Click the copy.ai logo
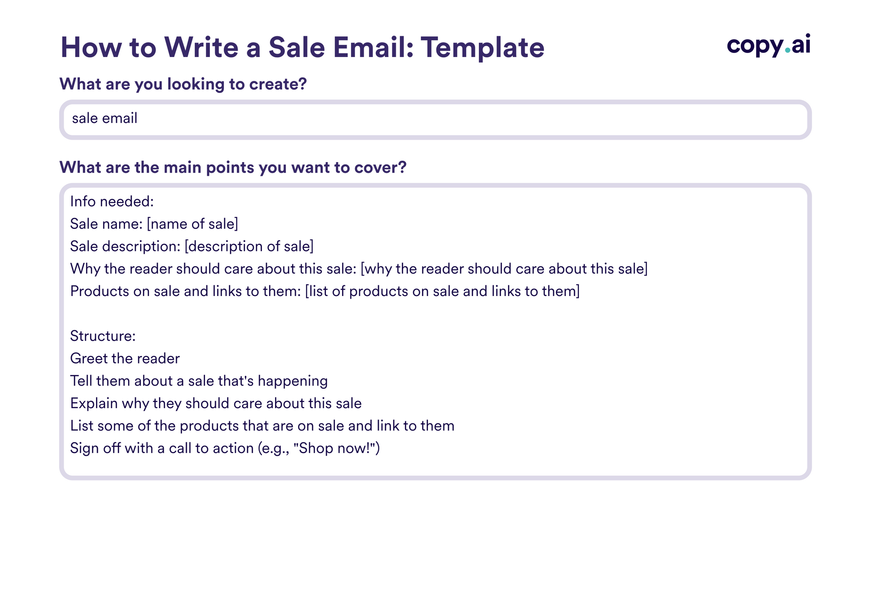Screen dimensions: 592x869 (768, 45)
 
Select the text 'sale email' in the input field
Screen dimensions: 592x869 (105, 118)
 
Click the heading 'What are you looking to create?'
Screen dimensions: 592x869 (183, 84)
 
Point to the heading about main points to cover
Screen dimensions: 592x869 (233, 167)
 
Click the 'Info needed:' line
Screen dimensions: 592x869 (112, 202)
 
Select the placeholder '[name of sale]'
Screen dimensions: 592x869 (192, 224)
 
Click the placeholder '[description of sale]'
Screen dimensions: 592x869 (249, 246)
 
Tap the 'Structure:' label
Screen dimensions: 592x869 (103, 336)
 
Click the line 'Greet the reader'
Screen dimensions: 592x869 (125, 359)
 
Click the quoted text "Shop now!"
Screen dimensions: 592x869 (335, 448)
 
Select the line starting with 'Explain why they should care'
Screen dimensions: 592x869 (216, 403)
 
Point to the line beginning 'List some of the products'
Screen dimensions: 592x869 (262, 426)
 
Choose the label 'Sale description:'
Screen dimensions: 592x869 (125, 246)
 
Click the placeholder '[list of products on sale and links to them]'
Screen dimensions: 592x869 (442, 291)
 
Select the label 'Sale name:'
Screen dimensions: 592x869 (106, 224)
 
